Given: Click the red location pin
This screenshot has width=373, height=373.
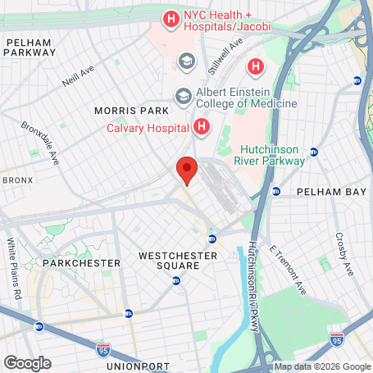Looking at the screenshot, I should [187, 170].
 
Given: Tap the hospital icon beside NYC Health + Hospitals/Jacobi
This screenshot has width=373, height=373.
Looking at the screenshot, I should [171, 17].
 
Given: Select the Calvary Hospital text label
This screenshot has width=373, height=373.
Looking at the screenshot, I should [148, 127].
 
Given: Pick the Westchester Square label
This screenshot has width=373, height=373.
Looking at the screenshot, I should [178, 261].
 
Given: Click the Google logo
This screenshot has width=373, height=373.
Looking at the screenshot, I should [27, 362].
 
